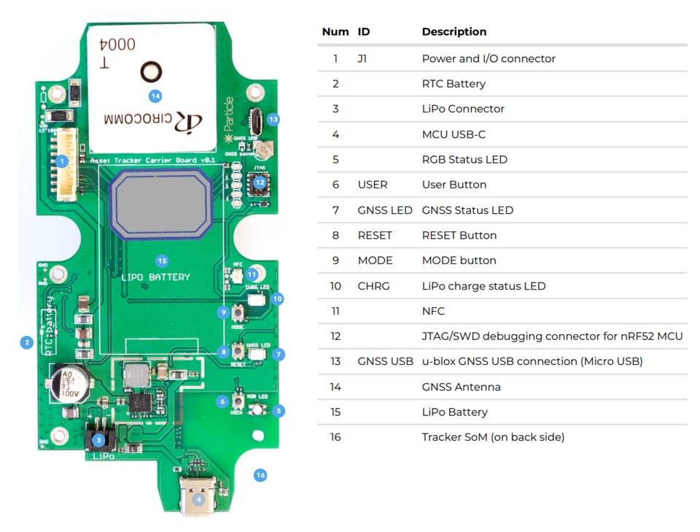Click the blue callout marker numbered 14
point(155,96)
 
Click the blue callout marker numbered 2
point(26,342)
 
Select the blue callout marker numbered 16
point(260,475)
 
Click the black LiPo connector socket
point(101,436)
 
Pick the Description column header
point(454,32)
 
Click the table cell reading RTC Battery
point(454,84)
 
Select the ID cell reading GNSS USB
point(385,361)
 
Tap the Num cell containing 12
point(335,336)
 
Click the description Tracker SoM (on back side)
point(493,437)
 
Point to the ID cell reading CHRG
point(373,286)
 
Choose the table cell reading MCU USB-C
point(454,134)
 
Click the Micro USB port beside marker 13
point(256,117)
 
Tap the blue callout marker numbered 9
point(223,312)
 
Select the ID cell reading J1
point(362,58)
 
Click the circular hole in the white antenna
point(150,72)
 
